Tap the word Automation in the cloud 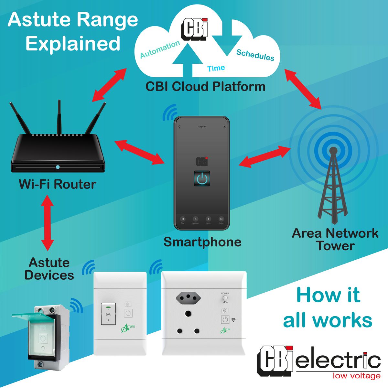coord(160,49)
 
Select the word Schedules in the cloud coord(255,55)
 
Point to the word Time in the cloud coord(216,68)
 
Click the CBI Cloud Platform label coord(205,87)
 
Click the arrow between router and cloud coord(109,85)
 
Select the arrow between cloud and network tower coord(303,88)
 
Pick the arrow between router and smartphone coord(140,152)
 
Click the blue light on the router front coord(58,167)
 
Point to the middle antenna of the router coord(59,116)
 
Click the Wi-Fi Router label coord(58,184)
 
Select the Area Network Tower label coord(335,239)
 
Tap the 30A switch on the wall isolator coord(108,314)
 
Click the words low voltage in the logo coord(356,376)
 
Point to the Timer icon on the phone coord(183,219)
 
